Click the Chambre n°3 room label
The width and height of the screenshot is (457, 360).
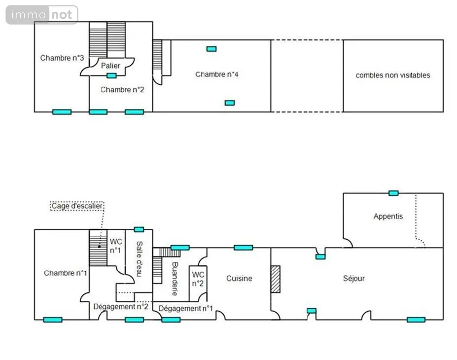[62, 58]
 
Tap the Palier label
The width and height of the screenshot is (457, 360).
[110, 66]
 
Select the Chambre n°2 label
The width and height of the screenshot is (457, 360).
[122, 89]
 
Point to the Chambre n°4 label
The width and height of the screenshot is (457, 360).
[217, 74]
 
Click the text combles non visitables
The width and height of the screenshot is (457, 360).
[393, 75]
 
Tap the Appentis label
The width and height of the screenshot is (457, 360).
[388, 216]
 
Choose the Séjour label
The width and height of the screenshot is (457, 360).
[354, 278]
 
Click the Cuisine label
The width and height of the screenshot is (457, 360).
[239, 278]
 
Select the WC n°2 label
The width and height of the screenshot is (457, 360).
[198, 279]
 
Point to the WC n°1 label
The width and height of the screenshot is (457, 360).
[116, 246]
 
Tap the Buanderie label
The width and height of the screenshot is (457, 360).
[175, 279]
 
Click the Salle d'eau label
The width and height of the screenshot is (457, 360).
[140, 259]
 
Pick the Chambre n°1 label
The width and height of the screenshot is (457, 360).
[65, 273]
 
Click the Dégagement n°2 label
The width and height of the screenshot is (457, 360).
[121, 307]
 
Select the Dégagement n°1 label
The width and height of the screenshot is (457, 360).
[186, 308]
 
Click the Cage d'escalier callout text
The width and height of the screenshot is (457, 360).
[77, 206]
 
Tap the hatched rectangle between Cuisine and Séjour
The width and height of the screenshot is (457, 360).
[276, 279]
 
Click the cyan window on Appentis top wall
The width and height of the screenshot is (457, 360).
[393, 193]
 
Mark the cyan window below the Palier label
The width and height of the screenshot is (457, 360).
[111, 76]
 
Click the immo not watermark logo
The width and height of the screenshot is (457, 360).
[42, 15]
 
